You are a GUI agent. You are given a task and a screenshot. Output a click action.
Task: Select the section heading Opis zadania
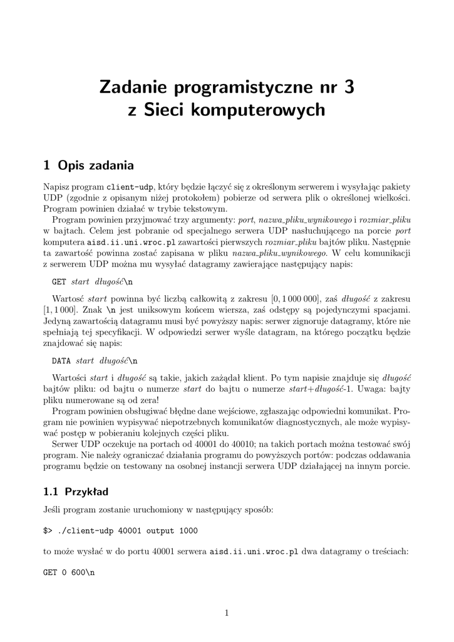[95, 166]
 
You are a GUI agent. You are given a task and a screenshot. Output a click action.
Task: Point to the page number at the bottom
[227, 613]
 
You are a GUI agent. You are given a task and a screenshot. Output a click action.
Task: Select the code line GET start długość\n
[92, 282]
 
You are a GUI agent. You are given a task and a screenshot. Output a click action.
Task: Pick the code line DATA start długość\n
[94, 361]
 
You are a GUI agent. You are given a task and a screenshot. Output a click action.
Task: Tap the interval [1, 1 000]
[60, 310]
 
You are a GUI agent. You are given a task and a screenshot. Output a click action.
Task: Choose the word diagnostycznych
[323, 422]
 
